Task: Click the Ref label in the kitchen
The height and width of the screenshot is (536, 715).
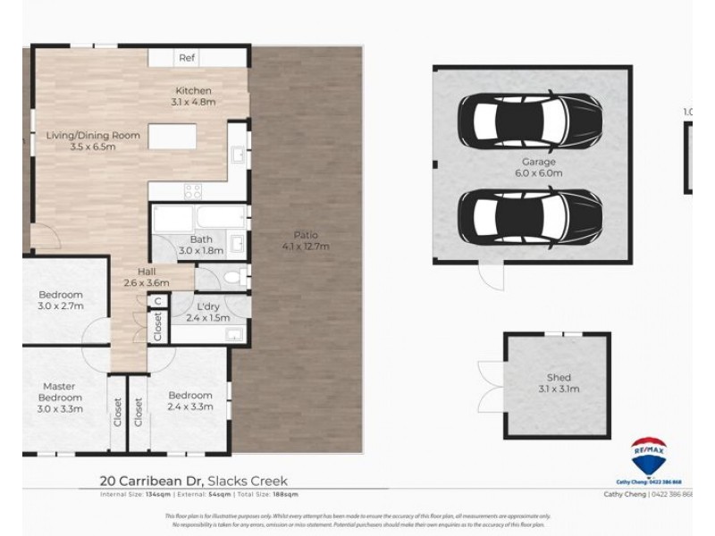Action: [187, 57]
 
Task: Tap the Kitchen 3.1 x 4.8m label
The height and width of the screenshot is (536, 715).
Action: [193, 96]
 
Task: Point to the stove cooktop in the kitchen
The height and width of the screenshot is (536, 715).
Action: [193, 189]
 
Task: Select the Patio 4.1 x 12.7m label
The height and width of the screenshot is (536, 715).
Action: [300, 240]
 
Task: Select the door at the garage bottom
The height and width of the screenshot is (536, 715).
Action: [488, 276]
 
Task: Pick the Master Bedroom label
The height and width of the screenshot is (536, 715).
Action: [61, 398]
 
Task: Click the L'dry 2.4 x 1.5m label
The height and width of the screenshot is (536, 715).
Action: [207, 312]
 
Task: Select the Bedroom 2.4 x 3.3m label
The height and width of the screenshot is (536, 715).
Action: [189, 401]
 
